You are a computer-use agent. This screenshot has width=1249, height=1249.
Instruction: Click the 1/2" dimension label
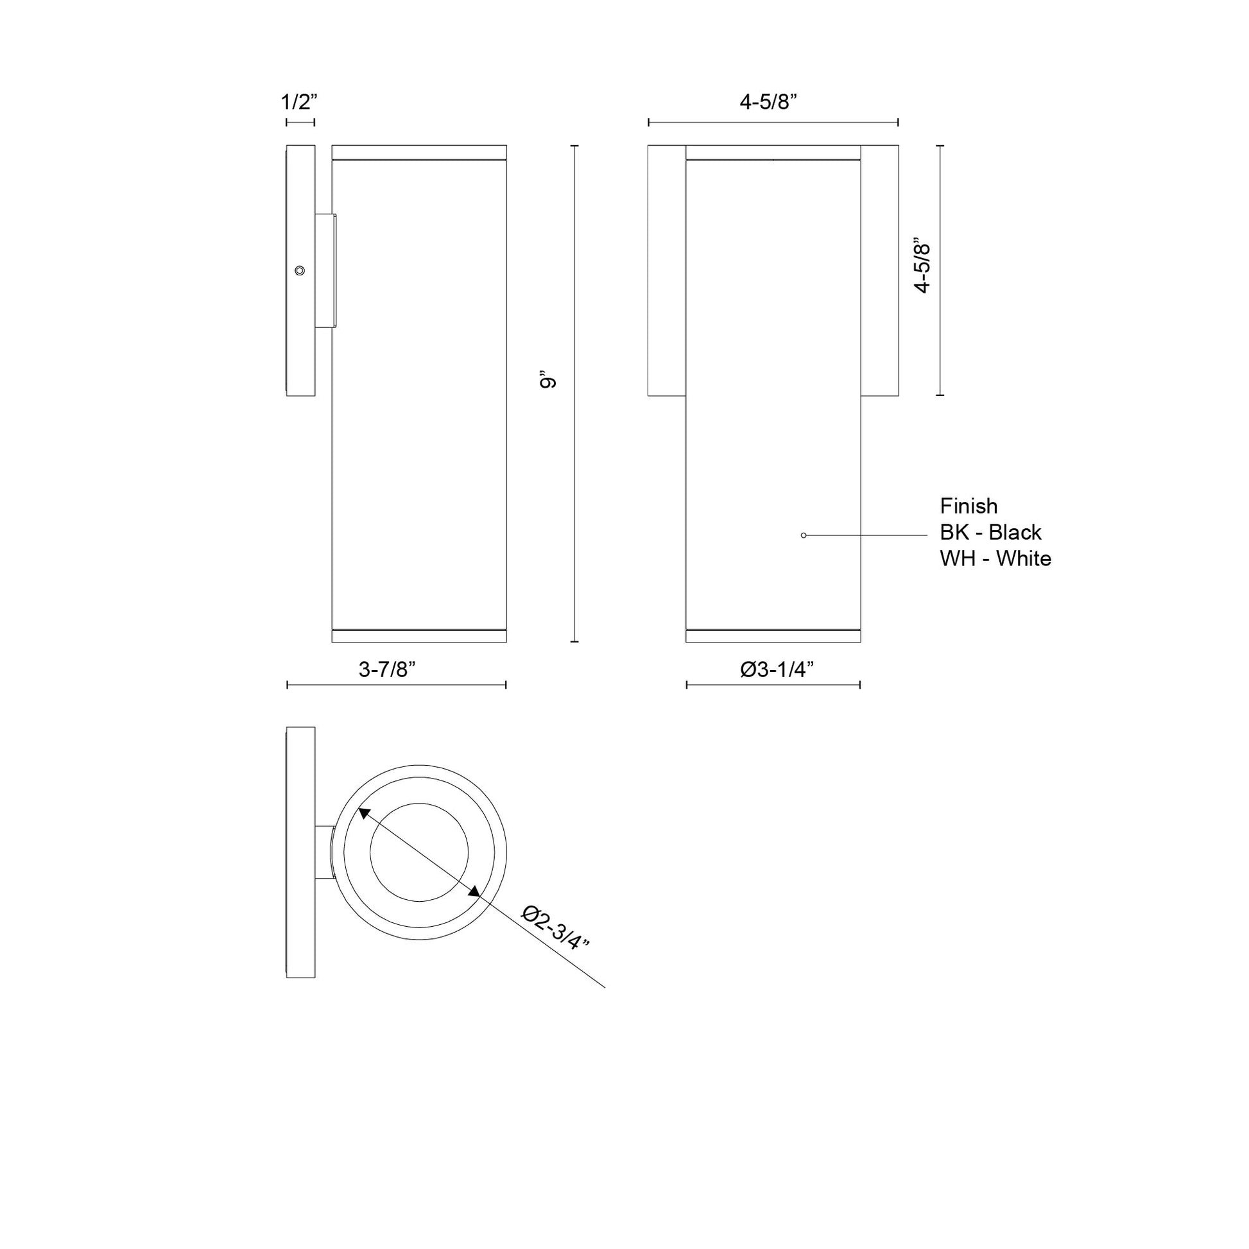[299, 102]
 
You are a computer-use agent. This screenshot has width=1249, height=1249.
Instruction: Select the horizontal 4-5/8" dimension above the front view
[768, 102]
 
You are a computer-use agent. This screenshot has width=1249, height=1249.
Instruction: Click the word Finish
[969, 506]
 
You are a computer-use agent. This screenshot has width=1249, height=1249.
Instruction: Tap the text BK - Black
[990, 532]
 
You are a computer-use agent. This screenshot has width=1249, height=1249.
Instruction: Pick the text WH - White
[995, 558]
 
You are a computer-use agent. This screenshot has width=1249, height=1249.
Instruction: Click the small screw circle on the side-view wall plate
[299, 270]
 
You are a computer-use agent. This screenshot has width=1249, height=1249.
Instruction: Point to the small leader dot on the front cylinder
[804, 535]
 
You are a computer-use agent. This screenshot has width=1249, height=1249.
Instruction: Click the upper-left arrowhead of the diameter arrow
[364, 814]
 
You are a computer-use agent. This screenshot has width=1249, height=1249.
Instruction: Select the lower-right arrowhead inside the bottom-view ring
[474, 892]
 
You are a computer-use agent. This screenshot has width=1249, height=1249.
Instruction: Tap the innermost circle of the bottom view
[419, 852]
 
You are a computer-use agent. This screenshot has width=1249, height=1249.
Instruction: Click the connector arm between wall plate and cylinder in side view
[325, 270]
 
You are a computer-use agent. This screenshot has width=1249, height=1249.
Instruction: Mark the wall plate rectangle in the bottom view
[300, 852]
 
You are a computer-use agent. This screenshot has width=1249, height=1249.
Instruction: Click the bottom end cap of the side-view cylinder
[419, 636]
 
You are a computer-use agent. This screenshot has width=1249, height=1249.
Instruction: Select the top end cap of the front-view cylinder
[773, 152]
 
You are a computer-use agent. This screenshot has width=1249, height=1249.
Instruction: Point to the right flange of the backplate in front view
[880, 270]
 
